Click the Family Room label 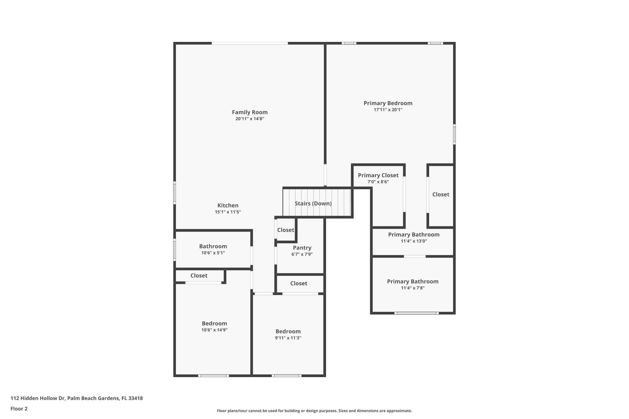(250, 112)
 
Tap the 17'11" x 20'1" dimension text (388, 110)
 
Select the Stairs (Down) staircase (313, 203)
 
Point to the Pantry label (302, 248)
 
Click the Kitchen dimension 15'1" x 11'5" (228, 212)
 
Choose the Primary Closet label (378, 175)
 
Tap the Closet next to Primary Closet (441, 194)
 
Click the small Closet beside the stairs (286, 230)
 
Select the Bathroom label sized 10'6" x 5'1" (213, 246)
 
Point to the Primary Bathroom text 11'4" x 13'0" (414, 241)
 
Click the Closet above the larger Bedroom (199, 276)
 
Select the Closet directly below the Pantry (298, 283)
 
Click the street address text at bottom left (77, 398)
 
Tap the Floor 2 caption (19, 409)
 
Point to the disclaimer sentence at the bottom (314, 411)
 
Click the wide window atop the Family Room (250, 43)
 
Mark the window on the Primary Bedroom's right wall (454, 134)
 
